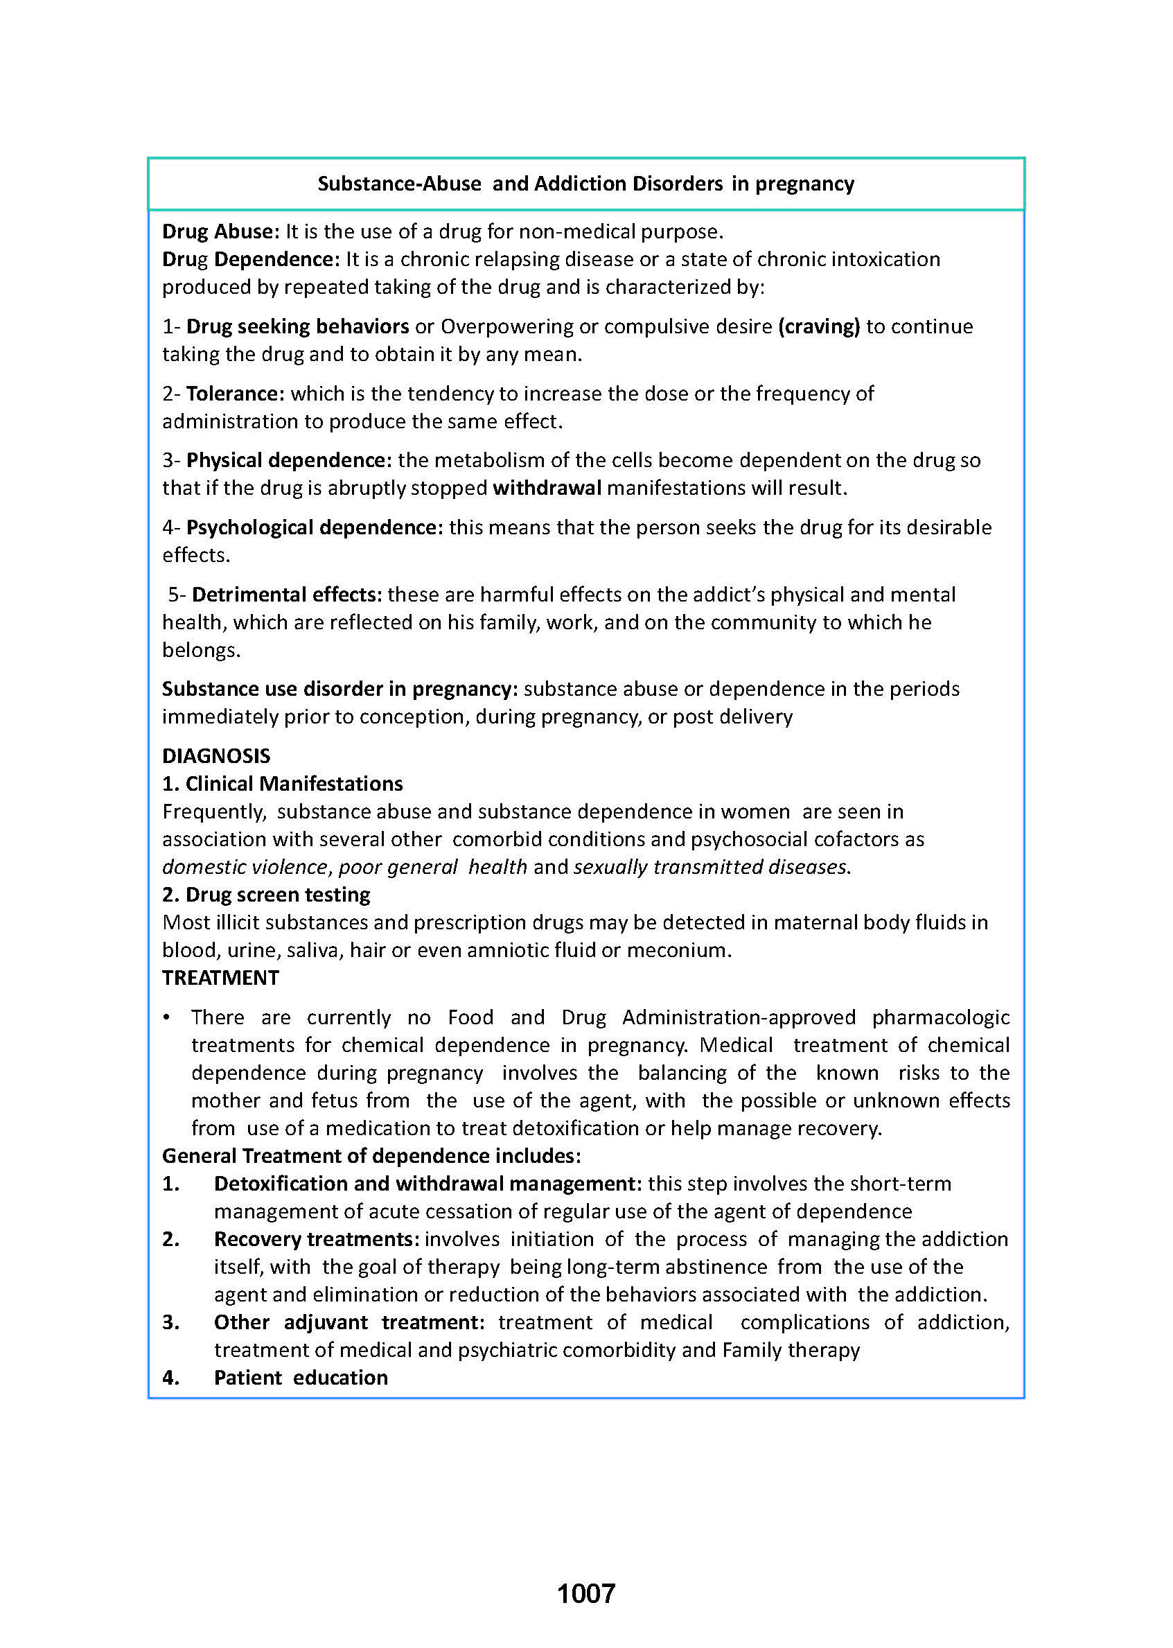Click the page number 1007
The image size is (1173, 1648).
585,1593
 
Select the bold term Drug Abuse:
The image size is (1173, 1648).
220,231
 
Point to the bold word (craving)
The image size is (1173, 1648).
818,326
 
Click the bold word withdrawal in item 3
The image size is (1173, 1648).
547,488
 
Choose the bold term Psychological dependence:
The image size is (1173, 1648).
314,527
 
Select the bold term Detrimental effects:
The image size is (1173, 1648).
287,594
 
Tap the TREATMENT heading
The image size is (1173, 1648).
220,978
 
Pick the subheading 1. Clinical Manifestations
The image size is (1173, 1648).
283,783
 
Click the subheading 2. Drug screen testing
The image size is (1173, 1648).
266,895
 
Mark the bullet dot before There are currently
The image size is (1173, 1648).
167,1017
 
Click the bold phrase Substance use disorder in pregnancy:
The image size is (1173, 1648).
339,689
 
